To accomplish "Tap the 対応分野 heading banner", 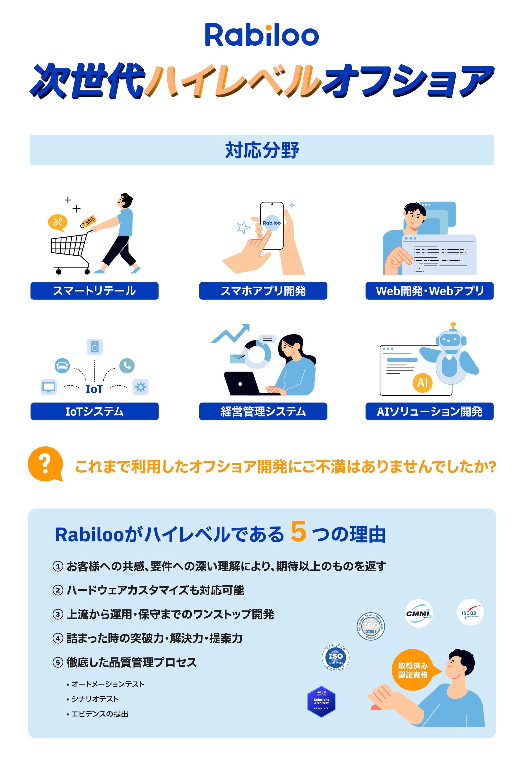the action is [x=262, y=150].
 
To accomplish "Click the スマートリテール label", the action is [x=94, y=291].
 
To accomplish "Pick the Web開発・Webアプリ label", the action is [x=430, y=291].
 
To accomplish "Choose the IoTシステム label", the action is [x=94, y=411].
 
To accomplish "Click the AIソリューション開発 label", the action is [x=430, y=411].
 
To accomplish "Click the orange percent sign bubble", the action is [x=58, y=222].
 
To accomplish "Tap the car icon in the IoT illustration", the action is [x=62, y=365].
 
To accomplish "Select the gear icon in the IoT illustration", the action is [x=140, y=387].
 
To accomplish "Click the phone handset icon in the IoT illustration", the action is [x=127, y=365].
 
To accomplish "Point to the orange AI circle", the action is [x=422, y=383].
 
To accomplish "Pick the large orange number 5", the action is [x=298, y=531].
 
